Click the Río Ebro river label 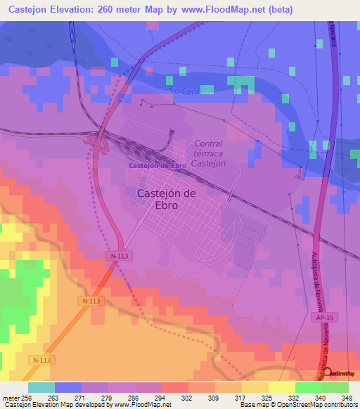pos(184,90)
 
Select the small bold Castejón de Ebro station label pos(157,165)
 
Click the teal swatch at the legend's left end pos(41,387)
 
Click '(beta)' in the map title pos(279,9)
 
